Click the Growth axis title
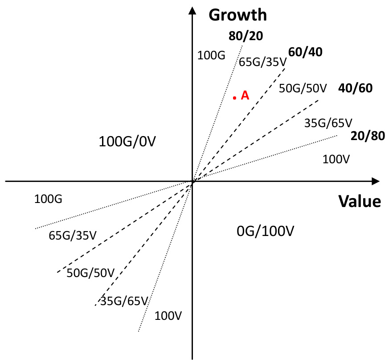pyautogui.click(x=237, y=15)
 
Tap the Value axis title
pyautogui.click(x=360, y=201)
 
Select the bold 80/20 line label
pyautogui.click(x=246, y=36)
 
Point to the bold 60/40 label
pyautogui.click(x=305, y=52)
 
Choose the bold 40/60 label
pyautogui.click(x=355, y=88)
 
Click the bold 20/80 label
pyautogui.click(x=368, y=136)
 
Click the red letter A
pyautogui.click(x=245, y=95)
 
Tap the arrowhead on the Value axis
pyautogui.click(x=375, y=181)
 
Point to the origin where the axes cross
pyautogui.click(x=192, y=181)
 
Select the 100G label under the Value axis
pyautogui.click(x=48, y=199)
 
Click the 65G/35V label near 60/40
pyautogui.click(x=262, y=62)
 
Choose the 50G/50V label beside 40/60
pyautogui.click(x=303, y=88)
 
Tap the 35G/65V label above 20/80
pyautogui.click(x=328, y=122)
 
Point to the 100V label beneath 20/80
pyautogui.click(x=336, y=158)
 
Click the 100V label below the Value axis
pyautogui.click(x=168, y=316)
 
